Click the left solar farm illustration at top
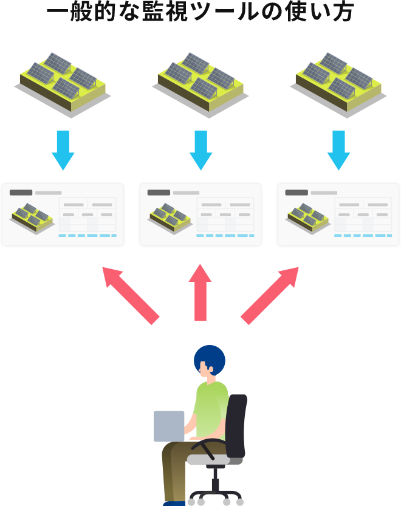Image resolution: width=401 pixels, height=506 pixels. pos(63,84)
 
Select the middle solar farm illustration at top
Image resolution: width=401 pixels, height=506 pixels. pos(200,84)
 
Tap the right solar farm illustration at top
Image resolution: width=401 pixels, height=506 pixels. pos(338,84)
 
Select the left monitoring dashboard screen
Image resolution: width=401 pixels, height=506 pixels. pos(63,214)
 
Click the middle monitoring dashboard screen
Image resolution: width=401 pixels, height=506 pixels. pos(200,214)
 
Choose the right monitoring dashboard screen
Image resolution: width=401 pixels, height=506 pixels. pos(338,214)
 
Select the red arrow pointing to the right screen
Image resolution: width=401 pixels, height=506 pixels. pos(267,298)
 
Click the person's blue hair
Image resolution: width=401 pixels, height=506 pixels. pos(210,360)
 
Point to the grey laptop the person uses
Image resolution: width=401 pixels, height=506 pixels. pos(169,426)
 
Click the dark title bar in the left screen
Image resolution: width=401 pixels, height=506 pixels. pos(21,193)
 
